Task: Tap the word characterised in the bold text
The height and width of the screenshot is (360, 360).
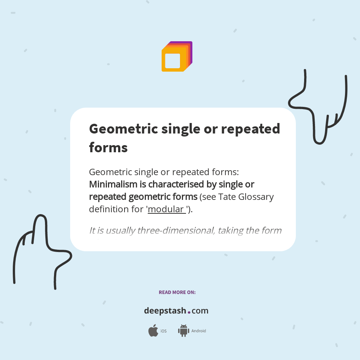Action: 181,184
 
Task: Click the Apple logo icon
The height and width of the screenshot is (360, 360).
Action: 153,331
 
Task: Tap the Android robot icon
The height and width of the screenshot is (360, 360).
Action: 183,330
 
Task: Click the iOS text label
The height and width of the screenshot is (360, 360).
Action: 163,331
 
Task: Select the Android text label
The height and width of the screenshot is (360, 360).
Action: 198,331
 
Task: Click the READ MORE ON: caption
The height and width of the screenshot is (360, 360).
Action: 177,292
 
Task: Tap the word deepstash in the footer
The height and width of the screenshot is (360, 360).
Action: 165,311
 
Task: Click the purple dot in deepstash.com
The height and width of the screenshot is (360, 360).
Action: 189,312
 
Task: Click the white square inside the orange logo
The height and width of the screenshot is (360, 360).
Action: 172,61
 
